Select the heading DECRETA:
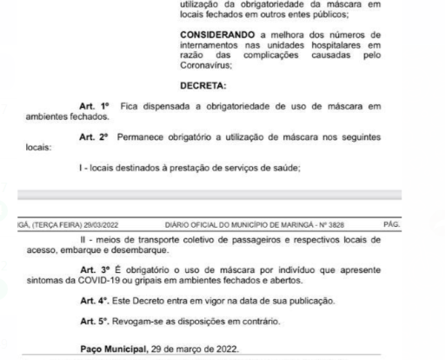203,86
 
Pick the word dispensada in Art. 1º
179,106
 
